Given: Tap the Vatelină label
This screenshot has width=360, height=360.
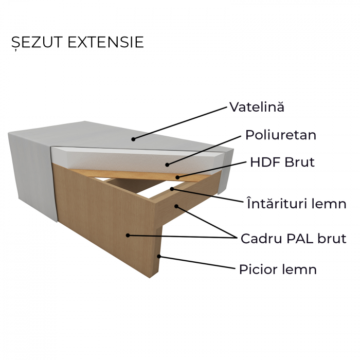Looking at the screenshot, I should click(x=256, y=107).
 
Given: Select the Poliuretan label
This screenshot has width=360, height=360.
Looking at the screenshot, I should click(x=280, y=135).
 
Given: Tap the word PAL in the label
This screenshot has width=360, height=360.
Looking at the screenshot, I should click(x=295, y=239).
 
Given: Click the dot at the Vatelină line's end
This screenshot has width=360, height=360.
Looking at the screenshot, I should click(x=133, y=138).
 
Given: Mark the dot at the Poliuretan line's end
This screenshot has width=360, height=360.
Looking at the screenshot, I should click(x=167, y=165).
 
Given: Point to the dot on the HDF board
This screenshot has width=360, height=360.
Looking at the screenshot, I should click(x=178, y=177).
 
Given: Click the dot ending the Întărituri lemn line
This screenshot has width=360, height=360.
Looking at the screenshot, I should click(x=172, y=189).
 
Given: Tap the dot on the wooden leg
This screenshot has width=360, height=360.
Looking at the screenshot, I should click(x=159, y=256).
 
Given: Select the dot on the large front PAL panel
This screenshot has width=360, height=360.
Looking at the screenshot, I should click(x=127, y=235).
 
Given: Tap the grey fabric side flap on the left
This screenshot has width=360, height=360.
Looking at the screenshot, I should click(x=31, y=170).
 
